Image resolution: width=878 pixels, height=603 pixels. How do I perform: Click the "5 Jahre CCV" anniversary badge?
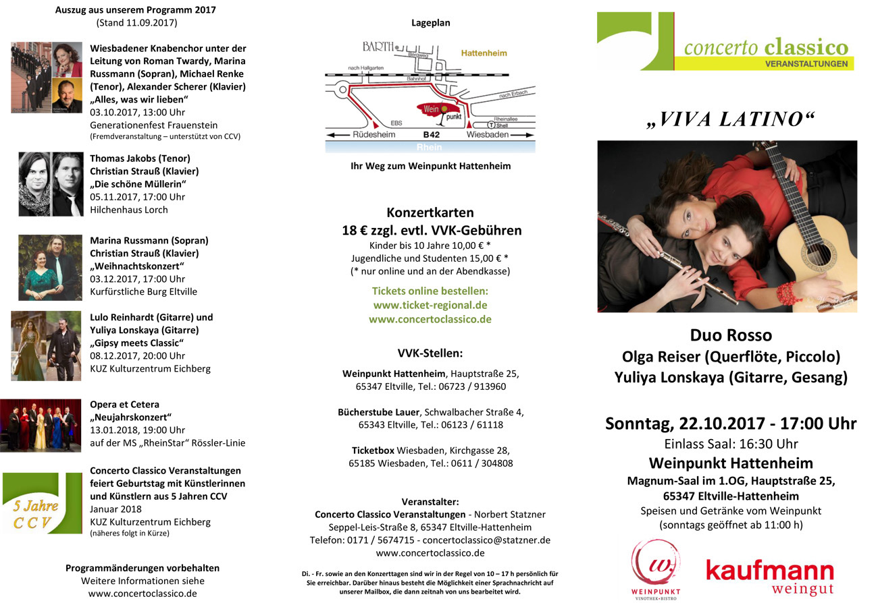click(38, 504)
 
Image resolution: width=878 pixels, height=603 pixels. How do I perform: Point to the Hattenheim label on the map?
click(484, 53)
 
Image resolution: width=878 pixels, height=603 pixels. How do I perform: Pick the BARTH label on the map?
click(378, 47)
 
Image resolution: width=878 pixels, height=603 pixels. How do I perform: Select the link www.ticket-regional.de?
click(430, 305)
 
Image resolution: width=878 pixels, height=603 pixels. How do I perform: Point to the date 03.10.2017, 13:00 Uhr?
click(137, 112)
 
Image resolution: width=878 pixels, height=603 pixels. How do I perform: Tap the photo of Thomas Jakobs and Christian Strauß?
click(51, 183)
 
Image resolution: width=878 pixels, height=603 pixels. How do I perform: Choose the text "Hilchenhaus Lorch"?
click(128, 209)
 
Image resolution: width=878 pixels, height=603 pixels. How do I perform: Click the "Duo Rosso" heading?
click(730, 335)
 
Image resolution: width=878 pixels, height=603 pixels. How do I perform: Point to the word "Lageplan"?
click(430, 22)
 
